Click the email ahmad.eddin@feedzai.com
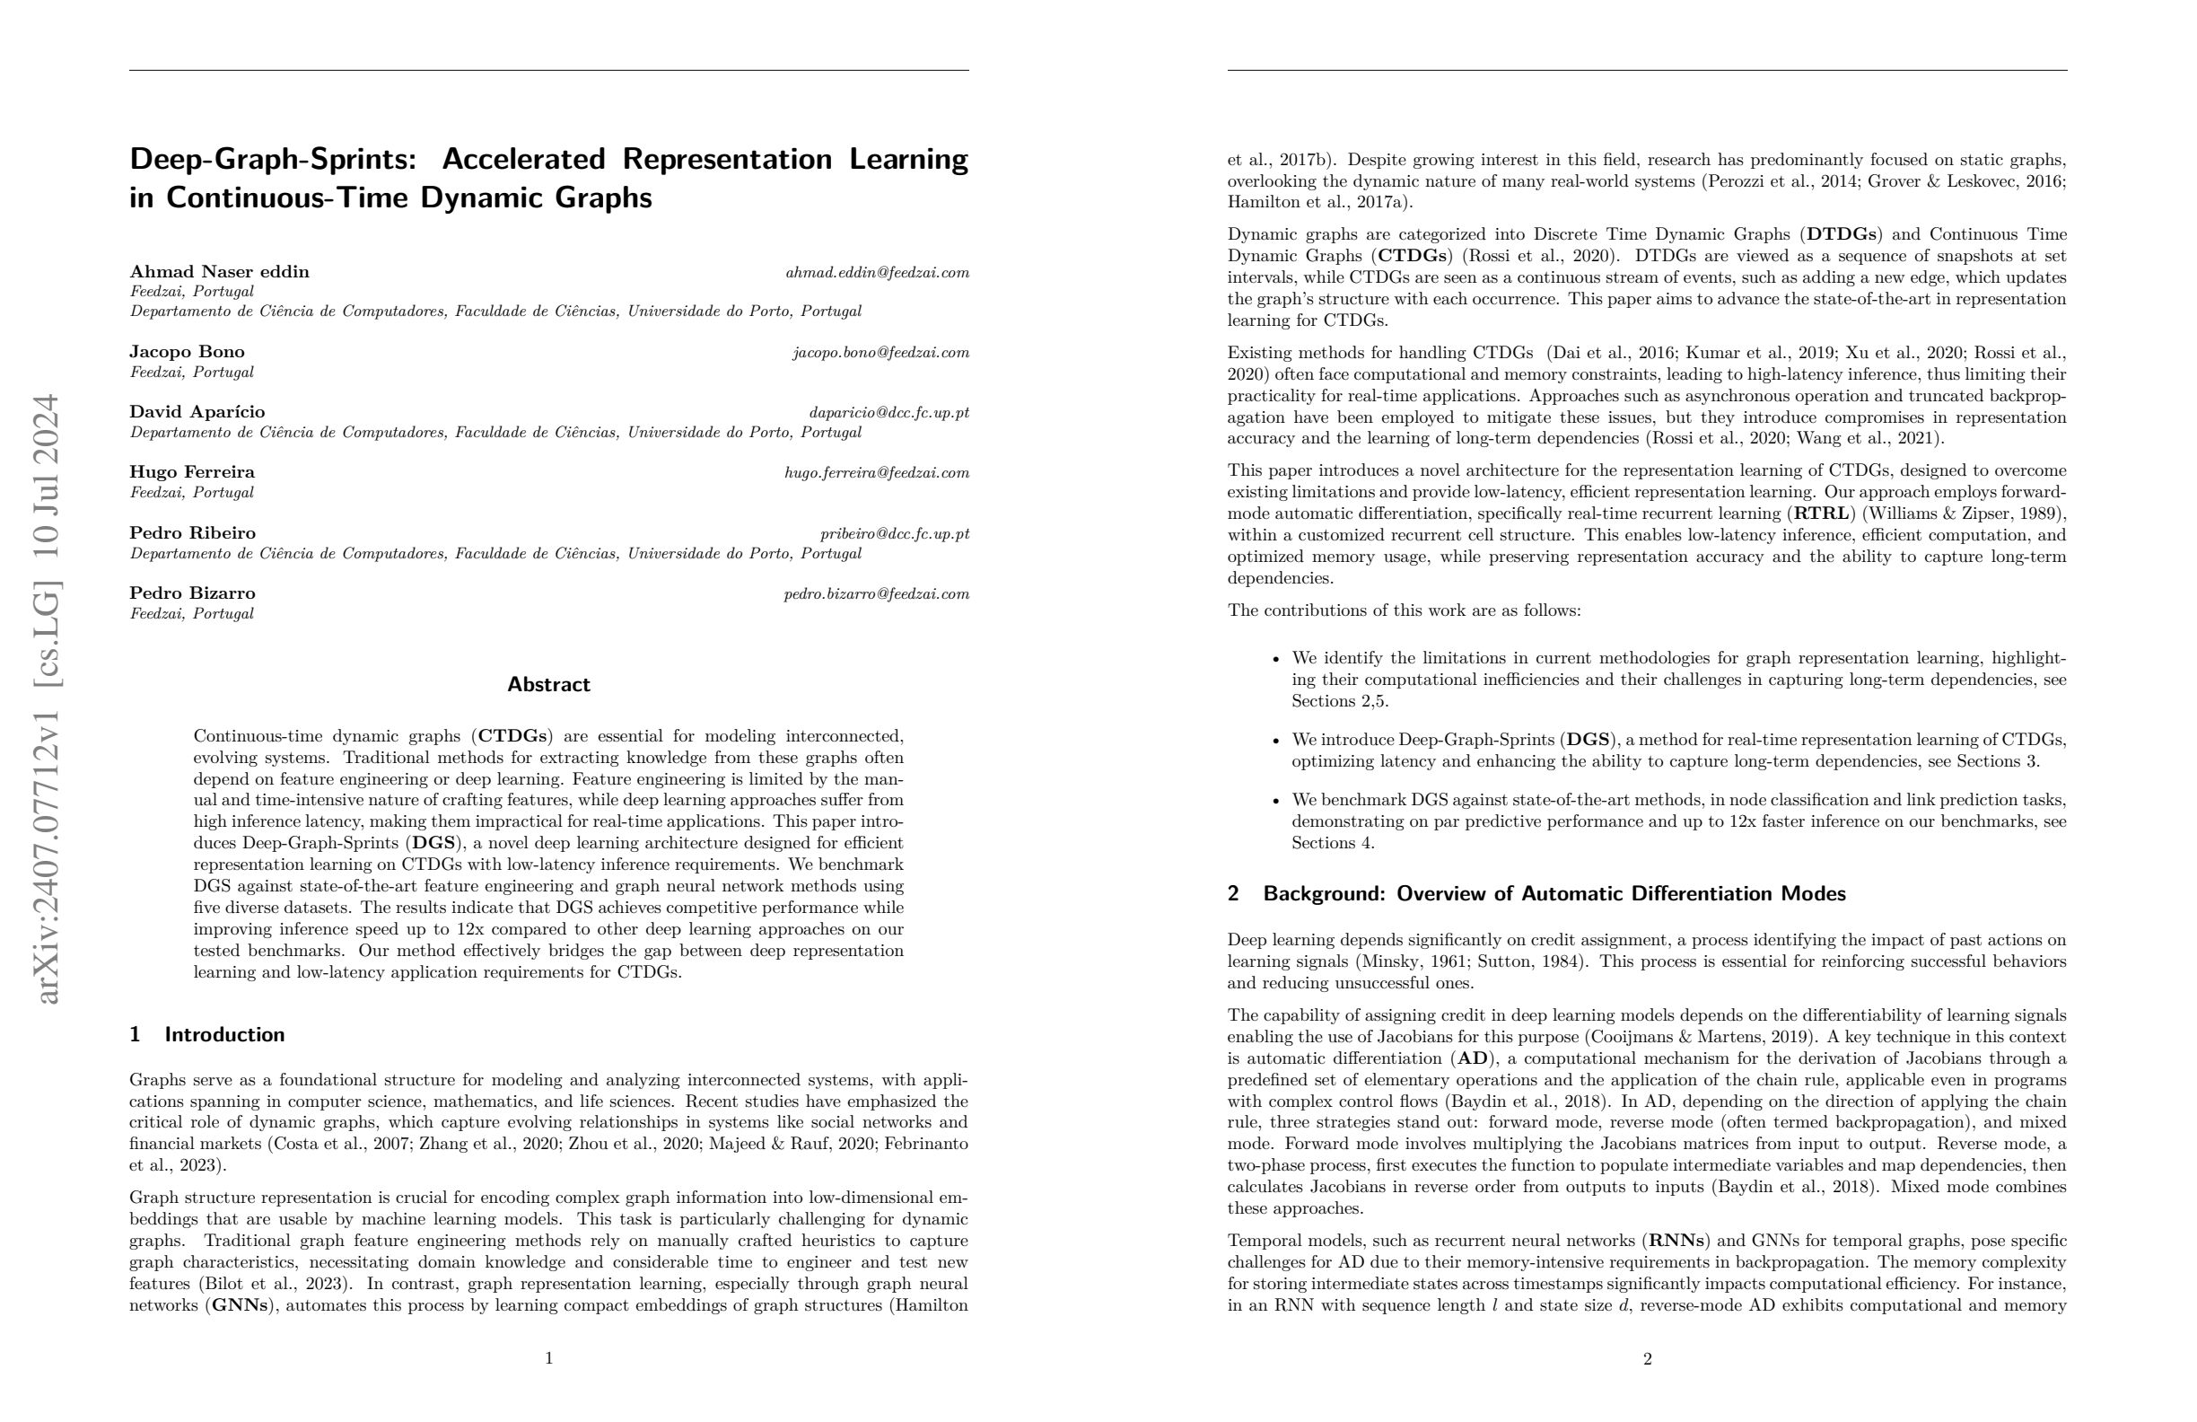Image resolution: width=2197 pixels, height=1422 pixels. tap(877, 272)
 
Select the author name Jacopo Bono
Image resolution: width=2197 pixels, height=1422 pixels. tap(187, 352)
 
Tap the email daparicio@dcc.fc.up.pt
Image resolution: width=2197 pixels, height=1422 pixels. tap(889, 413)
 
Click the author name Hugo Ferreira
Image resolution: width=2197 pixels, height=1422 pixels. tap(192, 472)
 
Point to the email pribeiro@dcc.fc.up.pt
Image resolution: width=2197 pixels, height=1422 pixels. tap(895, 534)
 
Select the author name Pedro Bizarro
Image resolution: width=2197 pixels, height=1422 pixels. tap(192, 592)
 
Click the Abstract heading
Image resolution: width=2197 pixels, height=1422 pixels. tap(548, 684)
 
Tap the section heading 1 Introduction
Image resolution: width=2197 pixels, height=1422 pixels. tap(206, 1034)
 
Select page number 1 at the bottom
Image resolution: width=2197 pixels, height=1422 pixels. tap(549, 1358)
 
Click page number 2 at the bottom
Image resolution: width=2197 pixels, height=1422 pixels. tap(1647, 1359)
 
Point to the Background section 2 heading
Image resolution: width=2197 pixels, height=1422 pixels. tap(1536, 894)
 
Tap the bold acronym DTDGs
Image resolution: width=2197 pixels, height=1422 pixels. tap(1841, 234)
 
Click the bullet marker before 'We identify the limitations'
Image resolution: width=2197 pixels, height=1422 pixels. tap(1277, 659)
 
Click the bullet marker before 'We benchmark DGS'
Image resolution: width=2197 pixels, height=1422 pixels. tap(1277, 801)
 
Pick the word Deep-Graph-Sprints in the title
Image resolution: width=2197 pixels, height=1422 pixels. tap(272, 159)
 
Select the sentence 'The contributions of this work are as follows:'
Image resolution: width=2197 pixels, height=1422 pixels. tap(1404, 610)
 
